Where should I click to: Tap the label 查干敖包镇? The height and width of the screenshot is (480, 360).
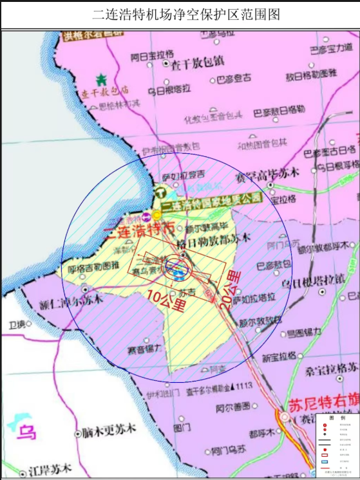[197, 64]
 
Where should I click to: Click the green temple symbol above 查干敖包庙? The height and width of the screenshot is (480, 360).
[100, 80]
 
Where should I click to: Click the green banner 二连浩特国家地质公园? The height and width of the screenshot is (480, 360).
[213, 199]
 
